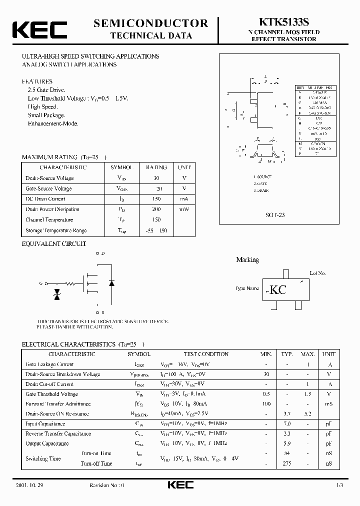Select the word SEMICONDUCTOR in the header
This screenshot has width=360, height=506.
tap(150, 23)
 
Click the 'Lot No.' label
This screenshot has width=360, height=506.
tap(317, 273)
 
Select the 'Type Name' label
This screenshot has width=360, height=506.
tap(247, 288)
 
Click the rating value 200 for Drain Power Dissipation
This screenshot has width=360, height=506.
tap(156, 209)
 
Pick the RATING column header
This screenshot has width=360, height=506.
tap(156, 167)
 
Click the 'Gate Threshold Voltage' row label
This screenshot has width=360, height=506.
tap(51, 394)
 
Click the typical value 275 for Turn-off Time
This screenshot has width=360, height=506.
tap(286, 463)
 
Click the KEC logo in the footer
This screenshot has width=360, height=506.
tap(180, 485)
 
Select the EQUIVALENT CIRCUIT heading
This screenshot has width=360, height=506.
tap(54, 244)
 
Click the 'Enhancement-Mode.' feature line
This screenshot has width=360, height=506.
tap(53, 123)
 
